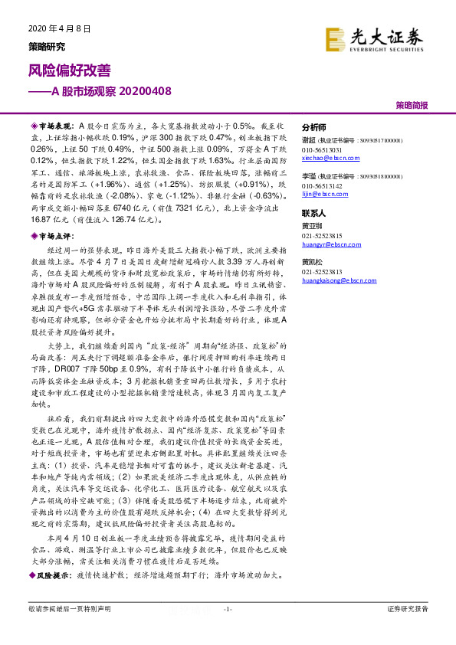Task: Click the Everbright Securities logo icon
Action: [x=335, y=38]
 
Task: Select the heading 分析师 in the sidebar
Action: [x=314, y=127]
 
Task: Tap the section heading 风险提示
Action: [x=51, y=573]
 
